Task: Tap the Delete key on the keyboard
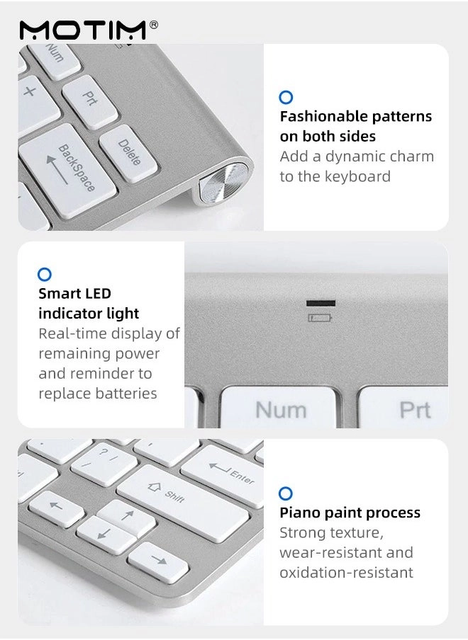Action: click(x=128, y=154)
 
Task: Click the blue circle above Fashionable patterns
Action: click(x=286, y=98)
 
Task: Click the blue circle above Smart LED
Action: click(x=45, y=274)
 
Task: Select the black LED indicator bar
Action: click(x=321, y=303)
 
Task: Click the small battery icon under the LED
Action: click(x=321, y=317)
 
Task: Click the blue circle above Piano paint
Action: click(x=286, y=493)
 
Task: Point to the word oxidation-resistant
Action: click(x=346, y=572)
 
